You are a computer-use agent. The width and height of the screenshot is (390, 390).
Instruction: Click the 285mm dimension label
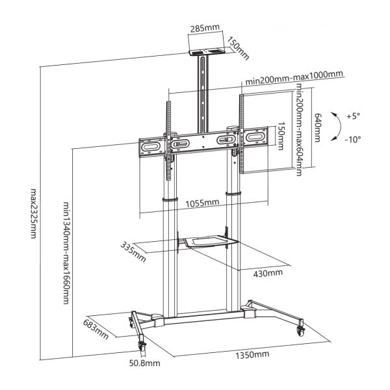(204, 29)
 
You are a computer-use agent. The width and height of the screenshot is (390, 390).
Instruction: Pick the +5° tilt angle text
(352, 116)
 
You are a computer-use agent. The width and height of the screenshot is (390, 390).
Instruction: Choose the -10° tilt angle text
(352, 138)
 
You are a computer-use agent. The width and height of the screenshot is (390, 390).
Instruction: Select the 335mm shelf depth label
(133, 250)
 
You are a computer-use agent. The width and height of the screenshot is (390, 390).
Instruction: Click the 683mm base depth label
(96, 328)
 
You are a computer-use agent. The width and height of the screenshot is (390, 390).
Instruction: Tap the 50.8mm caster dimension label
(144, 363)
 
